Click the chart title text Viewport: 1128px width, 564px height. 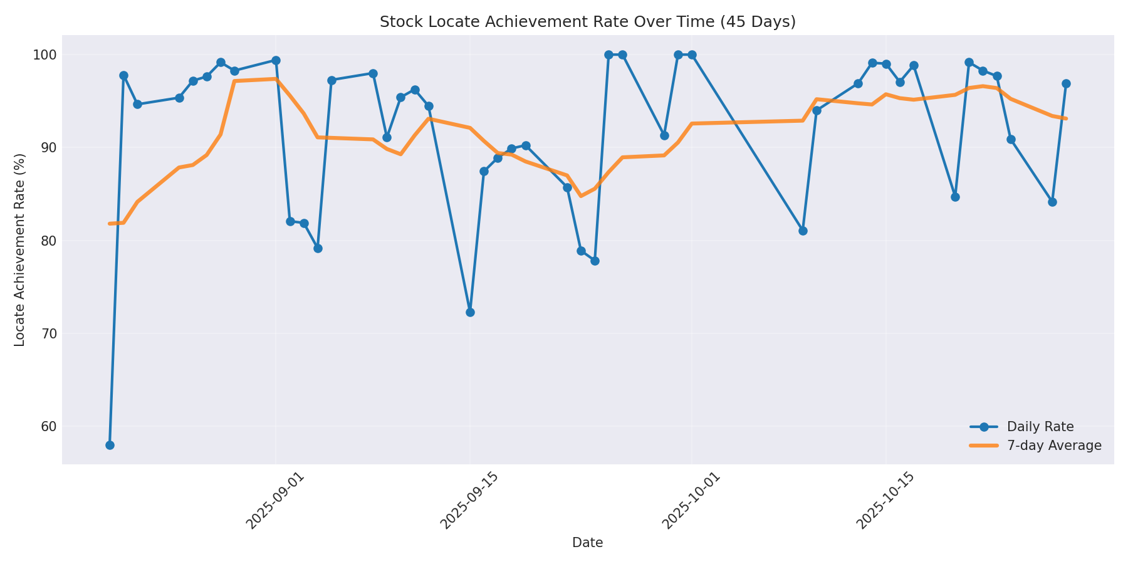(x=587, y=22)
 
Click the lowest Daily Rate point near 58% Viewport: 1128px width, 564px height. (x=110, y=445)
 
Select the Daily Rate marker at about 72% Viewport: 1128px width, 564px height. (x=470, y=312)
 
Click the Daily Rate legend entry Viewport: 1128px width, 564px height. (x=1040, y=427)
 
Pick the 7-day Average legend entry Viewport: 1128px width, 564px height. (x=1053, y=446)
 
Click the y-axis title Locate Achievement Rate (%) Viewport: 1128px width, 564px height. (x=20, y=249)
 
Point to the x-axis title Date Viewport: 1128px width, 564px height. (x=587, y=543)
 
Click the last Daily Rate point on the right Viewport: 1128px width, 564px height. (x=1066, y=83)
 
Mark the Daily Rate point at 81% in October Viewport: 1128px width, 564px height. (x=803, y=231)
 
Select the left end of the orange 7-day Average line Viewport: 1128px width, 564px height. (x=110, y=224)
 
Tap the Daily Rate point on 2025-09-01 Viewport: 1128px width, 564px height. (x=276, y=61)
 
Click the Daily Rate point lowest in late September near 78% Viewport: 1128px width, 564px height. (x=595, y=261)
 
